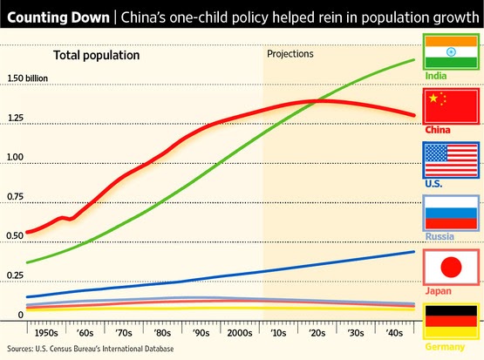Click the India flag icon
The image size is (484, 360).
449,51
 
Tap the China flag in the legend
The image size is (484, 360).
449,105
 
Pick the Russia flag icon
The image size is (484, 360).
449,214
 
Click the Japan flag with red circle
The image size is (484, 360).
449,266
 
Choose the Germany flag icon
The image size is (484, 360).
449,322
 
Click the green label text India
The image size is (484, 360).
437,77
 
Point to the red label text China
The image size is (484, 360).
438,130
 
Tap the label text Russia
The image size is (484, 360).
440,236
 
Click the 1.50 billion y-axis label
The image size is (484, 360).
31,78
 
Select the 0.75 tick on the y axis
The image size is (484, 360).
16,197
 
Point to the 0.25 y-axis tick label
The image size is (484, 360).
16,275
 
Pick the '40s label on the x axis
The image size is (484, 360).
394,333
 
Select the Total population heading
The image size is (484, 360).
97,56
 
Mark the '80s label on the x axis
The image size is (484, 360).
162,333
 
